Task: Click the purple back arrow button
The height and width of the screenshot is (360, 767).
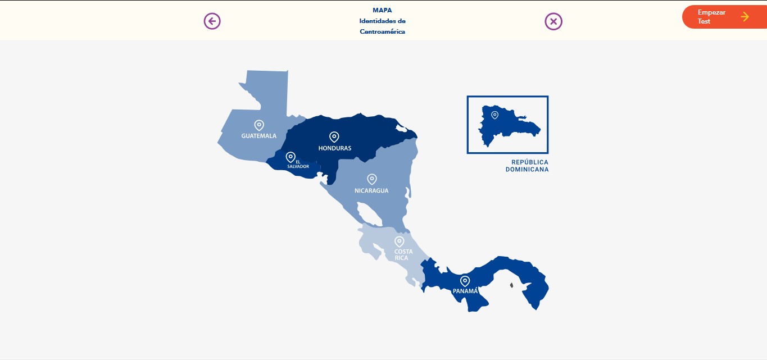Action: pos(212,21)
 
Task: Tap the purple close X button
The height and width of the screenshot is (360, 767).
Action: pos(553,21)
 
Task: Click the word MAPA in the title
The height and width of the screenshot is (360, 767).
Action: pos(382,10)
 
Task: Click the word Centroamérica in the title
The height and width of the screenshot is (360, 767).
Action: pos(382,32)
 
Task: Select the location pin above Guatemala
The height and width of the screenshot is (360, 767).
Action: pos(259,125)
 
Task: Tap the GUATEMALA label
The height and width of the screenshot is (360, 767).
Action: pos(259,136)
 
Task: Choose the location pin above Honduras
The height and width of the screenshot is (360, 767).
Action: pos(334,137)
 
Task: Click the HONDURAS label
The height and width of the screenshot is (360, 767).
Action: pos(334,148)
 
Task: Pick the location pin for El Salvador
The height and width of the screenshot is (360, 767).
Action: pos(291,157)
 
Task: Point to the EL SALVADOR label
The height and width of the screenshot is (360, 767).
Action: pos(298,164)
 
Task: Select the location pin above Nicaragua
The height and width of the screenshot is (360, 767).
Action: pos(371,179)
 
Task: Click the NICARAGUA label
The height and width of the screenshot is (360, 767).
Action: pos(371,191)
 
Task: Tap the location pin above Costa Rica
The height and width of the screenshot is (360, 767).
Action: pos(400,241)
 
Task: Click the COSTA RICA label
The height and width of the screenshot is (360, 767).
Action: pos(403,254)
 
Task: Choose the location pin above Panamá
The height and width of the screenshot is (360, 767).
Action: pos(465,281)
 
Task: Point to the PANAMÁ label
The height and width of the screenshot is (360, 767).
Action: pos(465,291)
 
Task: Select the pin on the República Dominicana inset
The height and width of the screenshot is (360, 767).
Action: pos(494,115)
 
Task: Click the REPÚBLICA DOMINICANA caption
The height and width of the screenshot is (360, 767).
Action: pos(527,166)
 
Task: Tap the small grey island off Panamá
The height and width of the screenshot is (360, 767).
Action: pos(511,285)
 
